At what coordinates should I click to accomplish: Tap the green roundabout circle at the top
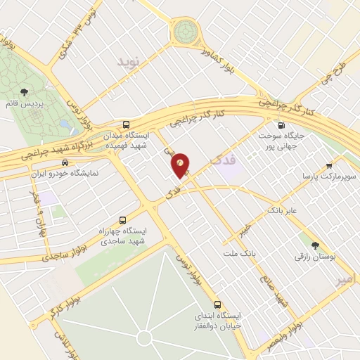[x=186, y=30]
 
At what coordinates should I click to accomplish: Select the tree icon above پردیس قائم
[x=25, y=92]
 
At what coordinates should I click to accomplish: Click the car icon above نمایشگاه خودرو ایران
[x=65, y=161]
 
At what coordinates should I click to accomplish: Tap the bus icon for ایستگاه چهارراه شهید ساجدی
[x=124, y=219]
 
